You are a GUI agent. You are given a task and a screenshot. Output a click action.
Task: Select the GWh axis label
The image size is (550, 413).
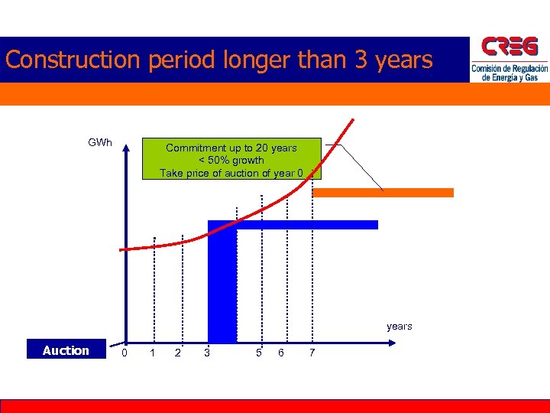pos(100,142)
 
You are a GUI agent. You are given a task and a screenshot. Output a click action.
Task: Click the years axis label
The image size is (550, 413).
pos(399,327)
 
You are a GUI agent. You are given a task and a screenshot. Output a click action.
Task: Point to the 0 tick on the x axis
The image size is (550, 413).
pos(125,352)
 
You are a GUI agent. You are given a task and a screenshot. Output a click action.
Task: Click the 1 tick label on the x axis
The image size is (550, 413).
pos(153,352)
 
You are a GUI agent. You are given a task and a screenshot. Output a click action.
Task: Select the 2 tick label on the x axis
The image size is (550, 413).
pos(178,352)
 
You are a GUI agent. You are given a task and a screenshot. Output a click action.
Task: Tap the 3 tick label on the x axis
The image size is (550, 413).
pos(207,352)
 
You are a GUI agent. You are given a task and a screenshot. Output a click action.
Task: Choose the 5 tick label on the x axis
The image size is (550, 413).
pos(259,352)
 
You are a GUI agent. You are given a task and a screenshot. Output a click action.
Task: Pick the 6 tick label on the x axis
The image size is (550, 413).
pos(281,352)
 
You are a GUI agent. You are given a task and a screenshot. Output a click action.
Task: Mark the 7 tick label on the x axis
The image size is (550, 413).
pos(311,352)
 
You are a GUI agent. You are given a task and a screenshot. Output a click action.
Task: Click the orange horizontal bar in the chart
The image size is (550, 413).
pos(383,193)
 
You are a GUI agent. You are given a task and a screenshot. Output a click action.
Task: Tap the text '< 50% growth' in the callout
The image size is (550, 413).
pos(231,160)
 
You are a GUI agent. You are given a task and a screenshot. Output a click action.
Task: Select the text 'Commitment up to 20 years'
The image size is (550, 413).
pos(231,148)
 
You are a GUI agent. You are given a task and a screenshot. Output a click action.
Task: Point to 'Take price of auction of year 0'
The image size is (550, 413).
pos(231,173)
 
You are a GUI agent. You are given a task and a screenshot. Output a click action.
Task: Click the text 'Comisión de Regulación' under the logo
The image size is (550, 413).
pos(510,69)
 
